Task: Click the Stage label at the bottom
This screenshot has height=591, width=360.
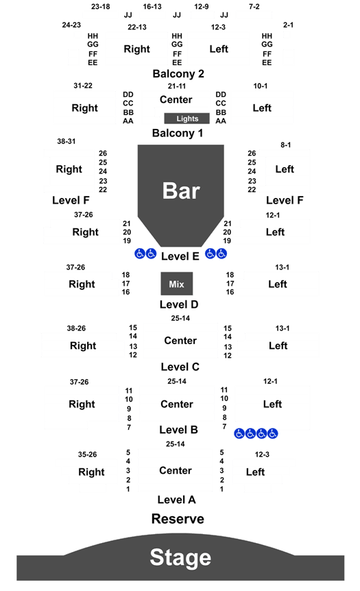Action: coord(180,557)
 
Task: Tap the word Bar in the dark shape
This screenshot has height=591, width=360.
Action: coord(181,191)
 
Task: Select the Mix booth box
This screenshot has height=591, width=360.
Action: coord(177,283)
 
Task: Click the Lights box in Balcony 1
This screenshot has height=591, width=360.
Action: coord(187,119)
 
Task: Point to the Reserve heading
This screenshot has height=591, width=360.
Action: coord(178,518)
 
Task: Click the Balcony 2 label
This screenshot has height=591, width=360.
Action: coord(178,73)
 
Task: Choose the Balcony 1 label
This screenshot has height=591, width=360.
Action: coord(178,133)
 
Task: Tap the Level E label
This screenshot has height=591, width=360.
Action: coord(180,256)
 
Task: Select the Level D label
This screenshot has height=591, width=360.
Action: coord(179,304)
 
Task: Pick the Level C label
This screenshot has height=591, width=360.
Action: coord(180,367)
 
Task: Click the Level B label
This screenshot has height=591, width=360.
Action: coord(178,430)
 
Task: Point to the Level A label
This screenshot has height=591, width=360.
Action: coord(176,500)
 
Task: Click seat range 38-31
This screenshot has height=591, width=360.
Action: coord(67,141)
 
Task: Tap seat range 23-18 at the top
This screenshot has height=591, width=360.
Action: coord(101,6)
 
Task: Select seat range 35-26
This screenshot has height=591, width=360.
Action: coord(88,455)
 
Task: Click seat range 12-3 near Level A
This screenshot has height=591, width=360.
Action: coord(262,455)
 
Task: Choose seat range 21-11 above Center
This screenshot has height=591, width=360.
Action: coord(177,86)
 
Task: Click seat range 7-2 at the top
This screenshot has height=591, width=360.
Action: coord(254,6)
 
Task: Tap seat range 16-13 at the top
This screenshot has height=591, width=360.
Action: coord(152,6)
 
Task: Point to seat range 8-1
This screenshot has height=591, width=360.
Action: coord(286,145)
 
